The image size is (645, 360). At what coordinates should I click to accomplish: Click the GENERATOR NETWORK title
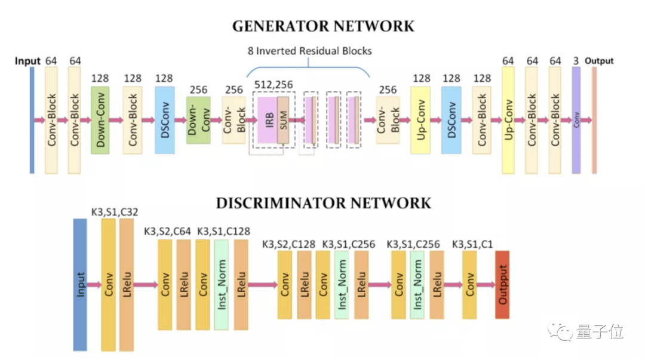322,27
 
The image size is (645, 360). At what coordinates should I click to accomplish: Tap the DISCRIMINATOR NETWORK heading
323,203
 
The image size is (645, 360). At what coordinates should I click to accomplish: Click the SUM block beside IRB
283,119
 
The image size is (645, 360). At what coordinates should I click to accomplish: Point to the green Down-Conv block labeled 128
100,120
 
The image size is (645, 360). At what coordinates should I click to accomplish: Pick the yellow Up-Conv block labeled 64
508,120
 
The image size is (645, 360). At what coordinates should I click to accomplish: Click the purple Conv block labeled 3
576,120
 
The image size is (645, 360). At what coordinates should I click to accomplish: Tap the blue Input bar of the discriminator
80,284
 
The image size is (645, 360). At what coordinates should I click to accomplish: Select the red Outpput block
502,285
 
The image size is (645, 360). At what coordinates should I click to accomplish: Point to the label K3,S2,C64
167,232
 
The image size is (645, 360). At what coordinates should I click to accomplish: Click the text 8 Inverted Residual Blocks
310,51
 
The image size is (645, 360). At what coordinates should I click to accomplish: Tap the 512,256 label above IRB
274,85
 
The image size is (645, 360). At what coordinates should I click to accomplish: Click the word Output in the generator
599,61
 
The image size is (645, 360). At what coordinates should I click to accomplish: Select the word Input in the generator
27,61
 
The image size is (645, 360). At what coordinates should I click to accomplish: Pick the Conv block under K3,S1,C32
109,284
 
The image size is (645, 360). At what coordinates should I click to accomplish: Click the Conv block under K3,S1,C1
469,285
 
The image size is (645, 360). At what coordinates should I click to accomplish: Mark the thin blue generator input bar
32,120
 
